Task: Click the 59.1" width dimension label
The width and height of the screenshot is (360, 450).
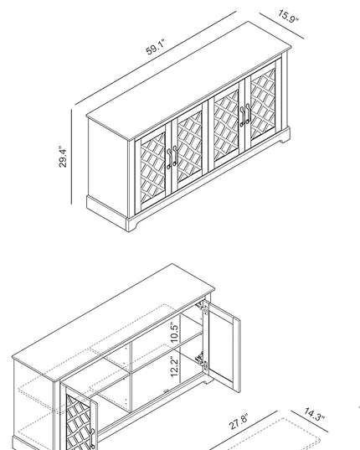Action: coord(156,47)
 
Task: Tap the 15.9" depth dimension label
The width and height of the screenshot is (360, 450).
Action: coord(288,16)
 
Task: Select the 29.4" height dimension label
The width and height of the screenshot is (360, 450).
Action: coord(63,157)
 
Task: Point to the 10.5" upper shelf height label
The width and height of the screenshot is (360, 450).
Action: coord(174,332)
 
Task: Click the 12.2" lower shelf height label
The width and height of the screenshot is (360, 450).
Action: coord(174,367)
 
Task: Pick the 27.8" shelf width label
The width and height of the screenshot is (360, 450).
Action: coord(238,422)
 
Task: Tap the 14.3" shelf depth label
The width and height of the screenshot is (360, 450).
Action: coord(314,415)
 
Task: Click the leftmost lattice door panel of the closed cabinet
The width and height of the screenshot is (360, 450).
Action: coord(152,168)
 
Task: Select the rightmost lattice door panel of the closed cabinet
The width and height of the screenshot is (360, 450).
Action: coord(263,104)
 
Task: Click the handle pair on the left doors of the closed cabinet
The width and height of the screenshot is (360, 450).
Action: coord(172,158)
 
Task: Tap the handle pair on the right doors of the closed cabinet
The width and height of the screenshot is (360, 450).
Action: coord(245,115)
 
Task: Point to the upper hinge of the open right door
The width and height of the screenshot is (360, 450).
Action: coord(202,307)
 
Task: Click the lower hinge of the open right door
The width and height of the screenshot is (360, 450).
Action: coord(201,359)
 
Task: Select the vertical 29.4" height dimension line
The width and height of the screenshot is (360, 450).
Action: coord(71,157)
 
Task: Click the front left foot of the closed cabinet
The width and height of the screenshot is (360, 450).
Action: coord(132,225)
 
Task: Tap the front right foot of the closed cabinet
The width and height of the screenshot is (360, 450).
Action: coord(285,137)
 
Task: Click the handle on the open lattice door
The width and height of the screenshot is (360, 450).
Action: coord(92,438)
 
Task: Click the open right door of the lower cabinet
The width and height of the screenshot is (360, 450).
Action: coord(222,346)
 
